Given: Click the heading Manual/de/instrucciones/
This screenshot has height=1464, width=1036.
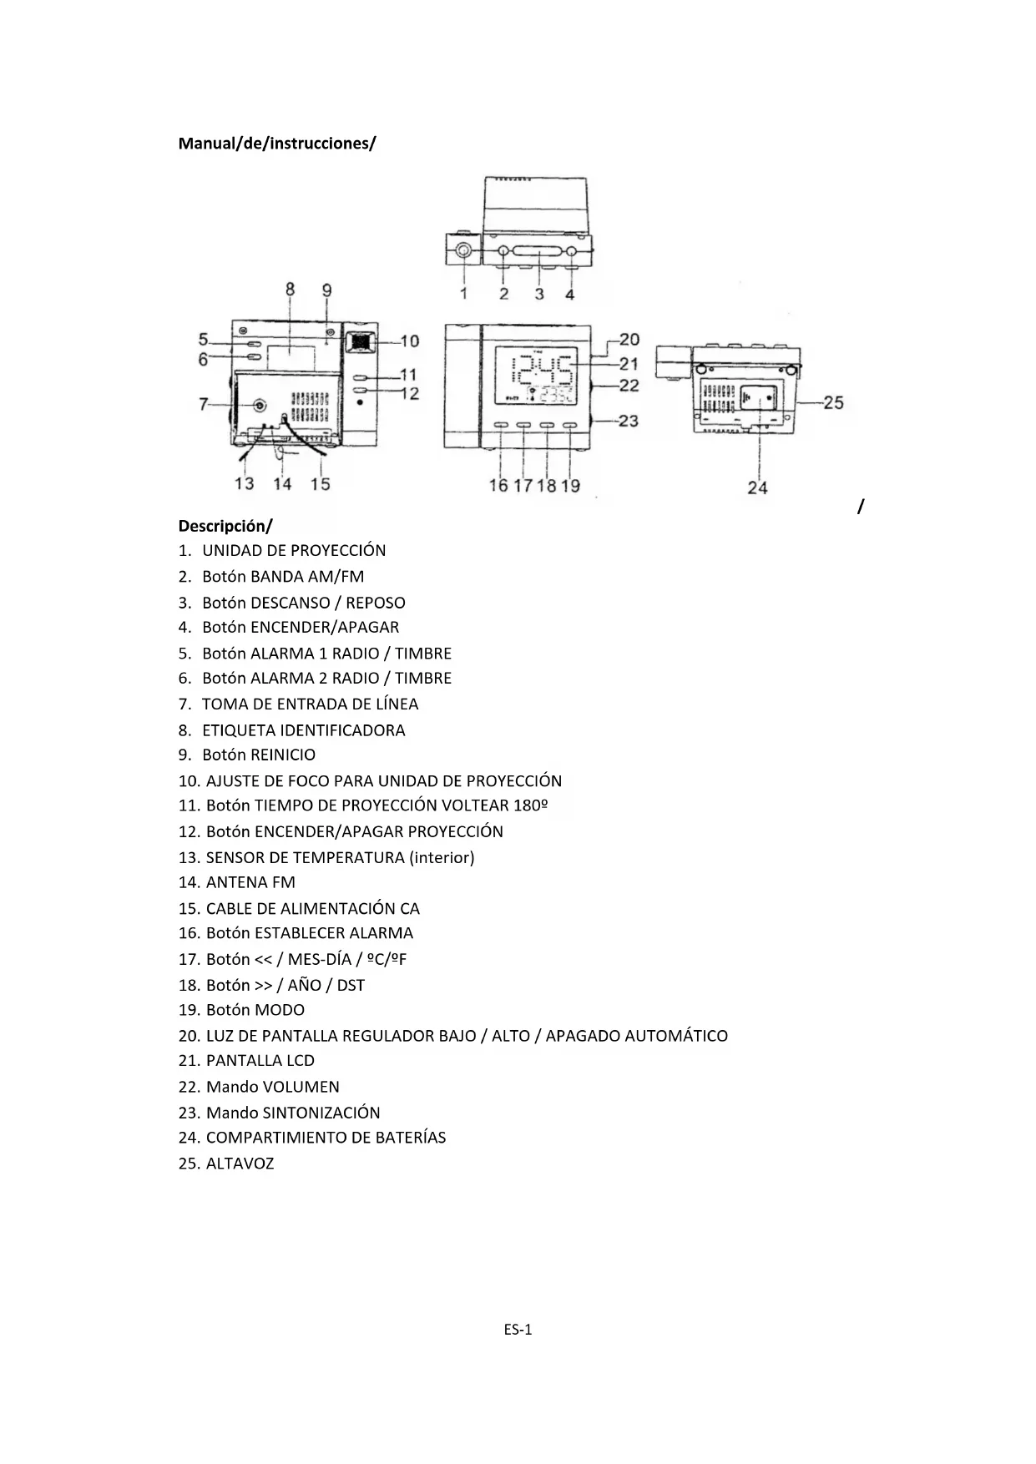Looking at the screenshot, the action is [277, 144].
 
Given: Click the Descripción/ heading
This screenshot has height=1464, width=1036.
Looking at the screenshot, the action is [225, 526].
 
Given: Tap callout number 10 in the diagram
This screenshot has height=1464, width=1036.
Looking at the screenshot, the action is [409, 341].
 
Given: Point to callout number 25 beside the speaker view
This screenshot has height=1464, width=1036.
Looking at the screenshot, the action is [832, 402].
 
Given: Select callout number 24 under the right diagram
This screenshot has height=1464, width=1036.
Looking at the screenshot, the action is [757, 487].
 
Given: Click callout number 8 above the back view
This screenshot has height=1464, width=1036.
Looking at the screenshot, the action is [291, 290].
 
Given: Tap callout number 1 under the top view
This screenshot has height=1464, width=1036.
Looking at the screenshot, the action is [463, 294].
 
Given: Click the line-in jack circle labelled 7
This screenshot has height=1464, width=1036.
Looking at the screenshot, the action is [260, 405].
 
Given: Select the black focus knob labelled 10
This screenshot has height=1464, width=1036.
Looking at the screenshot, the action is [360, 341].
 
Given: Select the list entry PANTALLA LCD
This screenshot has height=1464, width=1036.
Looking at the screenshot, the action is [260, 1061].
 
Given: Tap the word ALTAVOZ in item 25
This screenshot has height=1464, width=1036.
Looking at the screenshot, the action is [240, 1164].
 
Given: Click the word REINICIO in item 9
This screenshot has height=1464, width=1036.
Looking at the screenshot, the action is [283, 755].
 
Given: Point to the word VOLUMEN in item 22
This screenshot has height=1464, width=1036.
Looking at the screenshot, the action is [301, 1087].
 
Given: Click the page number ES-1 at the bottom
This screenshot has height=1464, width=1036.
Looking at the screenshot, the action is [518, 1330].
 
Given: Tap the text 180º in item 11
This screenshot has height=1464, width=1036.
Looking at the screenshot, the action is [530, 805].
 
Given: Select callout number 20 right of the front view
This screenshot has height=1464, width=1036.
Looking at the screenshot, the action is [629, 340].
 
